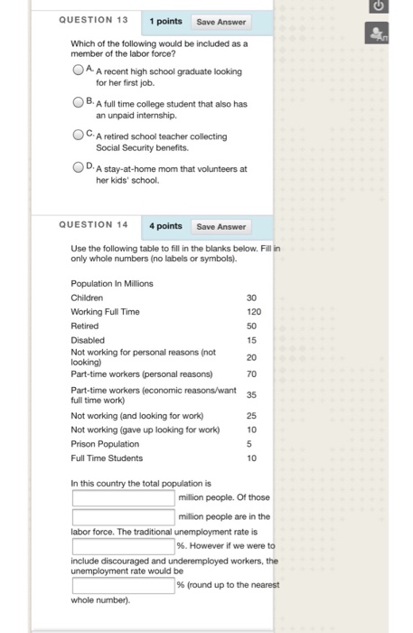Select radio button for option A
[x=79, y=70]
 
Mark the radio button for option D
[x=79, y=168]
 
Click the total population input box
[x=123, y=497]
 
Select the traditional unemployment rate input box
[x=123, y=546]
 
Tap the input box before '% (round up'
[x=123, y=585]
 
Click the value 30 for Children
[x=251, y=298]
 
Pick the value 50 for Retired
[x=251, y=325]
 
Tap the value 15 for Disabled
[x=251, y=339]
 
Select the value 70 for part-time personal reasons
[x=251, y=373]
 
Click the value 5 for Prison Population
[x=252, y=444]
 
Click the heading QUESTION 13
[x=93, y=20]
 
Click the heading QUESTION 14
[x=93, y=225]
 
